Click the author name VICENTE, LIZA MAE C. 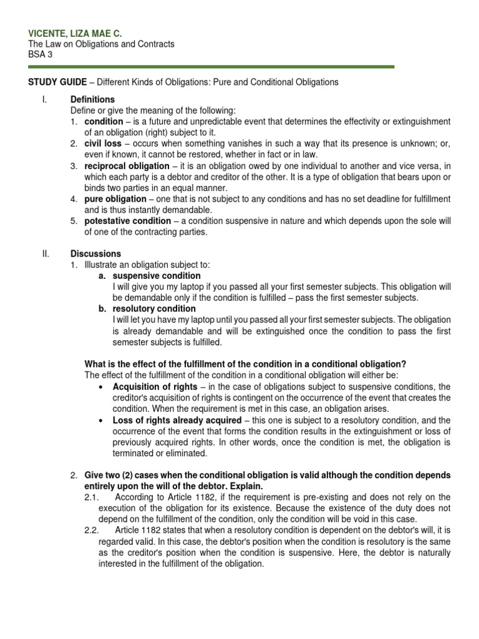(69, 32)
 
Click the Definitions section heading (93, 99)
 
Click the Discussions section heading (96, 253)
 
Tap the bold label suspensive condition (157, 275)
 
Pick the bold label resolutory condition (154, 308)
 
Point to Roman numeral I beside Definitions (39, 99)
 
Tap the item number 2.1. (91, 497)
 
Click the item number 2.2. (91, 530)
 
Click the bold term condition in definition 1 (104, 122)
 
